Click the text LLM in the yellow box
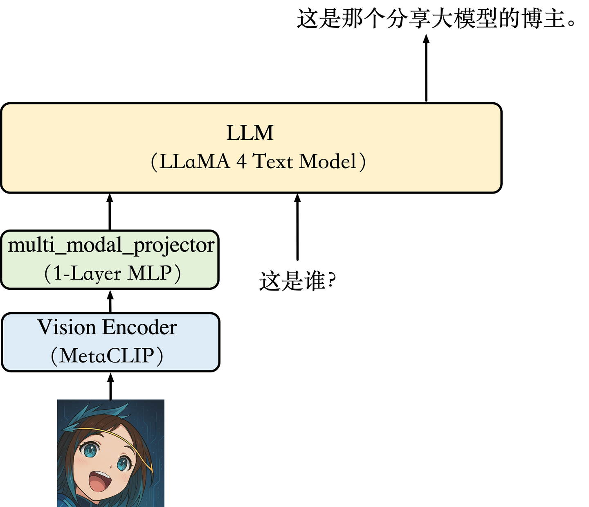[250, 133]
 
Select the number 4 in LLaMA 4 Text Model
[241, 162]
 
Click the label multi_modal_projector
[111, 246]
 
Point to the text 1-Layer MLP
[112, 273]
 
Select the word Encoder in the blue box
[139, 327]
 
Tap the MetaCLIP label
[107, 356]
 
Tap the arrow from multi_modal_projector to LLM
[110, 212]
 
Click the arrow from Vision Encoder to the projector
[110, 301]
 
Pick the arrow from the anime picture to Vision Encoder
[110, 386]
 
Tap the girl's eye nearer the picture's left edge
[89, 451]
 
